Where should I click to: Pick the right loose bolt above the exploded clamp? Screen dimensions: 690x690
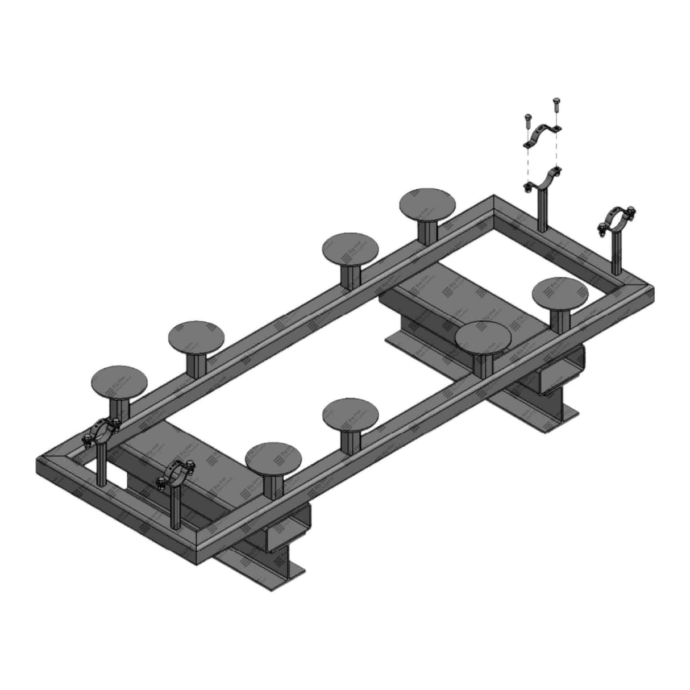click(x=555, y=105)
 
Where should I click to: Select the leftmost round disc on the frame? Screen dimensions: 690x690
click(x=119, y=381)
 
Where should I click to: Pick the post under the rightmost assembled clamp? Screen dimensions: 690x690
click(x=616, y=253)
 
